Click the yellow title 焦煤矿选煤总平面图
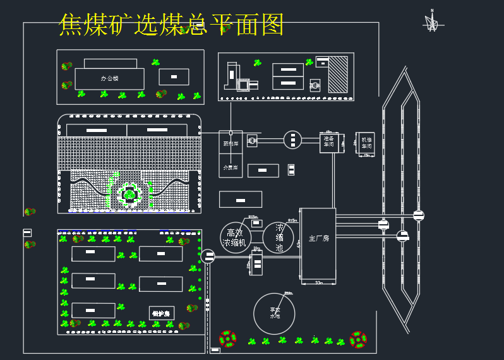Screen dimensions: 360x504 (171, 25)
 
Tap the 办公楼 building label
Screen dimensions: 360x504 (109, 79)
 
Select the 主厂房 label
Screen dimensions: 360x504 (318, 238)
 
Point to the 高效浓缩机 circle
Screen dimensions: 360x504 (236, 238)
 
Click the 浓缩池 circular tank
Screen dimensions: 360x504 (279, 238)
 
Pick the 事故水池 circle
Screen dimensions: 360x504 (274, 313)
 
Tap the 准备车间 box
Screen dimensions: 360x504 (328, 142)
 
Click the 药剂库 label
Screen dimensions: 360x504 (231, 143)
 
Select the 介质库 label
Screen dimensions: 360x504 (231, 167)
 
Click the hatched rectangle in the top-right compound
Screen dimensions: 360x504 (338, 75)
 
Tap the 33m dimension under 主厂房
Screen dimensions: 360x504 (318, 283)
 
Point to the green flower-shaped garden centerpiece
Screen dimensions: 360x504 (129, 195)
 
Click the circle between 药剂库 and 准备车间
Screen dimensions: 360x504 (292, 140)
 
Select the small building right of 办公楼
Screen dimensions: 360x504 (174, 77)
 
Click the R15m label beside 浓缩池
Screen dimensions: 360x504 (292, 220)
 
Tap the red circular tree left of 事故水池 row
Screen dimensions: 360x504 (227, 339)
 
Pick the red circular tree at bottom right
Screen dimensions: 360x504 (358, 339)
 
